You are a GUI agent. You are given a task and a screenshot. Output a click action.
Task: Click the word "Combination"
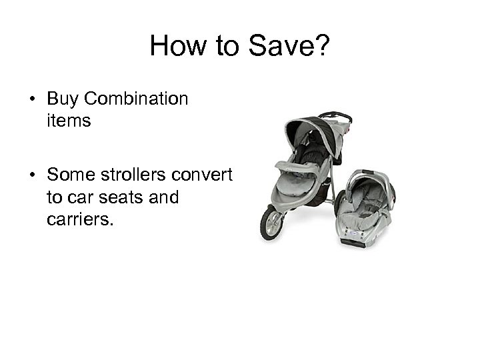pyautogui.click(x=136, y=99)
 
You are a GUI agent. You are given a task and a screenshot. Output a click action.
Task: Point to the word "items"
pyautogui.click(x=69, y=121)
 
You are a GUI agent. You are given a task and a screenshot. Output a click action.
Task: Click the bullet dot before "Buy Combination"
pyautogui.click(x=32, y=100)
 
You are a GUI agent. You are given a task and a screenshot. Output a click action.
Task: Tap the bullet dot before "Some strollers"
pyautogui.click(x=32, y=175)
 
